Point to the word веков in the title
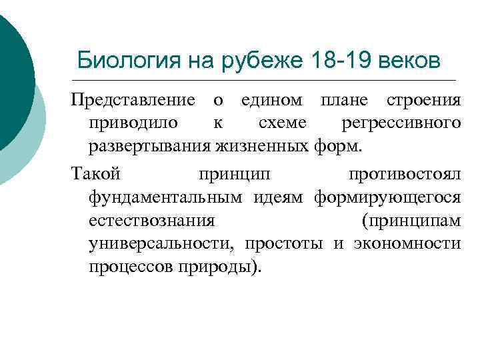click(409, 61)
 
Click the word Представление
click(133, 100)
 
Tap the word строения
click(424, 100)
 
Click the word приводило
click(132, 123)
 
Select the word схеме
click(280, 123)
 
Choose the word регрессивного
click(400, 123)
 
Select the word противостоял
click(404, 175)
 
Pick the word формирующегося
click(387, 197)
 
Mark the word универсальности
click(161, 243)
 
